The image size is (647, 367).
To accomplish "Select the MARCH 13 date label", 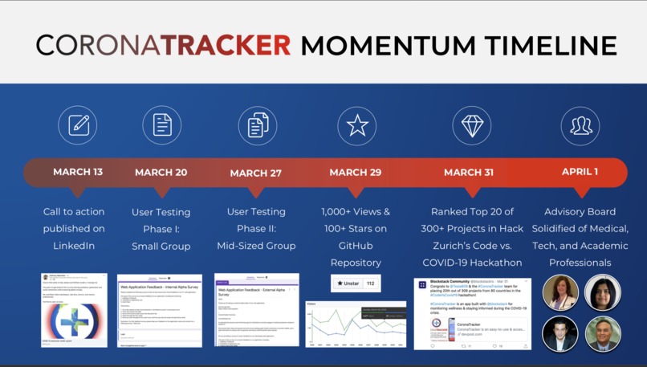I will pyautogui.click(x=78, y=172).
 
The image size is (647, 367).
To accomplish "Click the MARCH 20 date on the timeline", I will pyautogui.click(x=161, y=172).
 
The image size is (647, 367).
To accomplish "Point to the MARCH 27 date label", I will pyautogui.click(x=256, y=173).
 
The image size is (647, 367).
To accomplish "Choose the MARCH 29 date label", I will pyautogui.click(x=356, y=172).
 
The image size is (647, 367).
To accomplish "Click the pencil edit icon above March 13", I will pyautogui.click(x=78, y=125).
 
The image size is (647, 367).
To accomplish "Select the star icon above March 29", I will pyautogui.click(x=357, y=125).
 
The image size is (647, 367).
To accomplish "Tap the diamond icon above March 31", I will pyautogui.click(x=471, y=125).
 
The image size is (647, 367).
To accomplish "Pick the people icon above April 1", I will pyautogui.click(x=580, y=125).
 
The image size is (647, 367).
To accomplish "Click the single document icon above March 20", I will pyautogui.click(x=162, y=125).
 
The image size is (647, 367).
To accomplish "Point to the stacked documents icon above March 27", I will pyautogui.click(x=257, y=125).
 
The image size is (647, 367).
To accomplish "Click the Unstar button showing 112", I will pyautogui.click(x=356, y=283).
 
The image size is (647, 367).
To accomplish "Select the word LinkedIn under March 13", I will pyautogui.click(x=74, y=246).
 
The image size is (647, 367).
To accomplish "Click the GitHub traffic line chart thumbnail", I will pyautogui.click(x=356, y=324).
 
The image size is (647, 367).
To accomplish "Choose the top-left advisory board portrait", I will pyautogui.click(x=560, y=293).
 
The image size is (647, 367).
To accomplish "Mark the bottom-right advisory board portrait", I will pyautogui.click(x=602, y=334).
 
